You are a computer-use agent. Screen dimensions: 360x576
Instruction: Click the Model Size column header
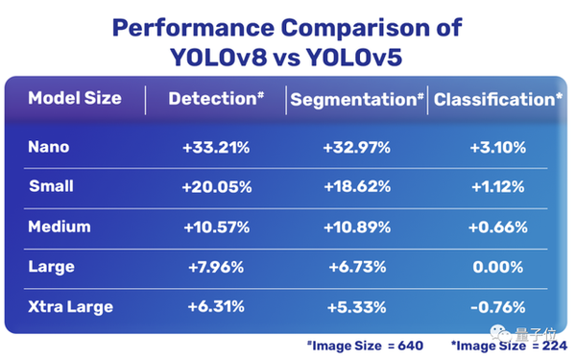tap(74, 99)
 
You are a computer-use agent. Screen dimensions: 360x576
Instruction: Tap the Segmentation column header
tap(356, 100)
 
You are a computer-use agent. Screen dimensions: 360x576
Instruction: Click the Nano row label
tap(48, 148)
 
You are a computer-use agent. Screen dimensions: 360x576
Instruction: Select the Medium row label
tap(59, 228)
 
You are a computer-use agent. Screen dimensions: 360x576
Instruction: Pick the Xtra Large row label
tap(70, 307)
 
